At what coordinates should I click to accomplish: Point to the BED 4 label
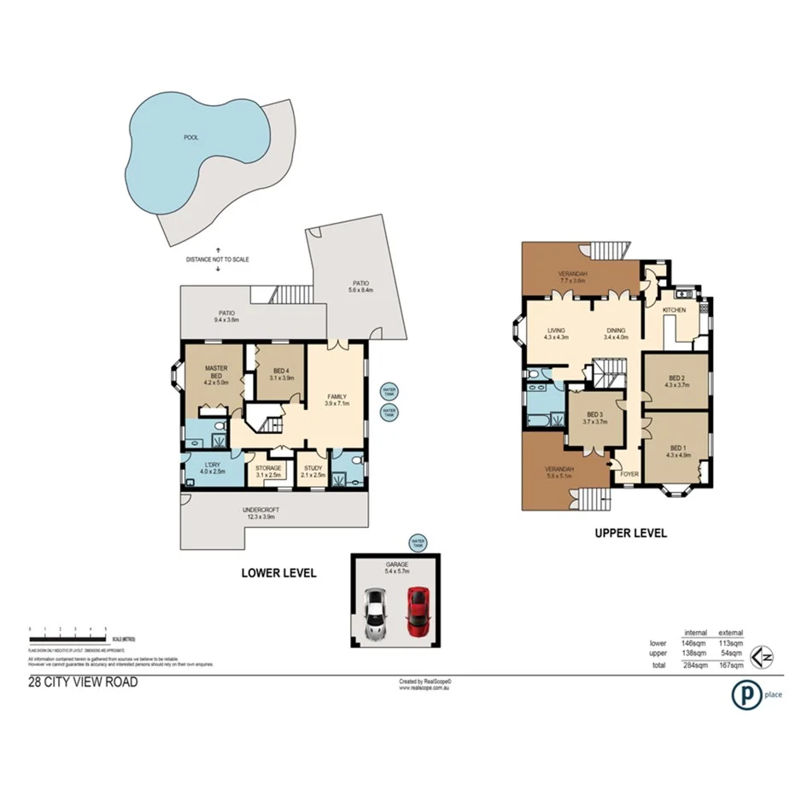(281, 373)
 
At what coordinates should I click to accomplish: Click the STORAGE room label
(268, 466)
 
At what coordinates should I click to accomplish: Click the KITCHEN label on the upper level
(675, 310)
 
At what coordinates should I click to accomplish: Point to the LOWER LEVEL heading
(278, 573)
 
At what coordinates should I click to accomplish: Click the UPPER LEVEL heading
(630, 534)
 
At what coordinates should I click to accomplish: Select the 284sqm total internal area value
(695, 664)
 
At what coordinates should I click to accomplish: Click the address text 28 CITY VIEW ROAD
(83, 682)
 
